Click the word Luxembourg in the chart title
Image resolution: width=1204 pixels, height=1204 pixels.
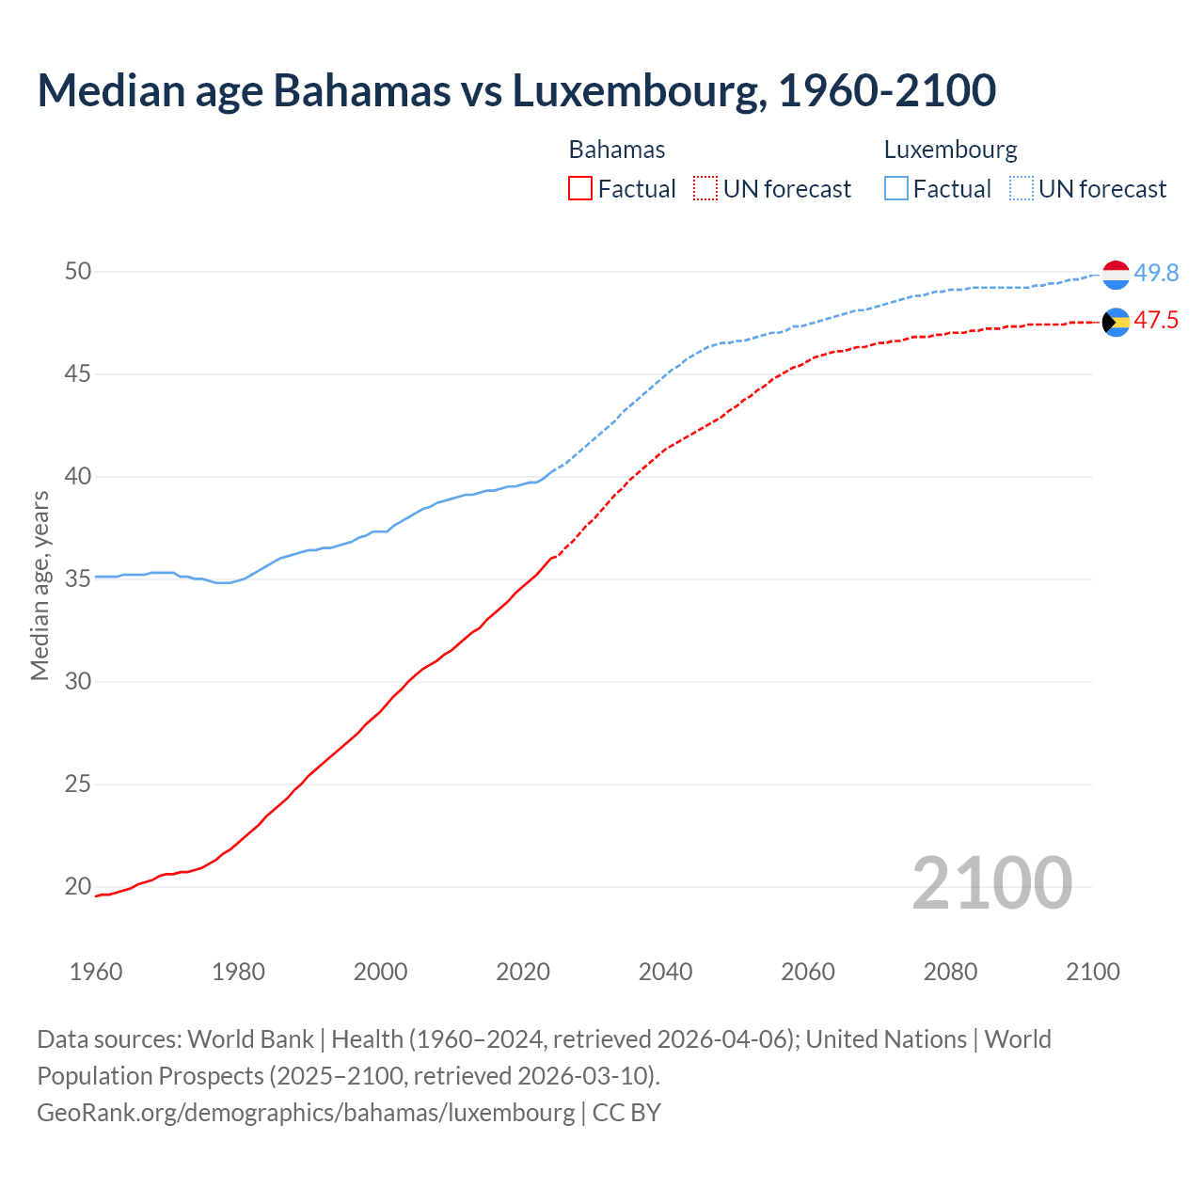pos(635,91)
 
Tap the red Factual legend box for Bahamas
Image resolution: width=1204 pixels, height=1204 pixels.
pos(580,188)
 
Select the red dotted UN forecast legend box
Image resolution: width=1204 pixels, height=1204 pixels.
pos(705,188)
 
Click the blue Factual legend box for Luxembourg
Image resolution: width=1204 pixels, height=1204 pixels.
pos(895,188)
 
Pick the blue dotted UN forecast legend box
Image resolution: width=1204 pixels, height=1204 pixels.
pos(1021,188)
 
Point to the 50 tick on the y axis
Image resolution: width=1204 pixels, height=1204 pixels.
pos(78,272)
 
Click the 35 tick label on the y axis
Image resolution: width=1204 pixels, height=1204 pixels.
pos(78,579)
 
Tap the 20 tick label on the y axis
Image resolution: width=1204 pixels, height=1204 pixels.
pos(78,887)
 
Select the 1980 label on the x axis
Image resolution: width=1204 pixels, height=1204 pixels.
pos(238,972)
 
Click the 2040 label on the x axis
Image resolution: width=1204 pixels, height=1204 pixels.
pos(665,972)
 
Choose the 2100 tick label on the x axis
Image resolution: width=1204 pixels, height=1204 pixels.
pos(1092,972)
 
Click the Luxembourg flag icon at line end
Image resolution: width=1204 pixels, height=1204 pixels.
pos(1116,275)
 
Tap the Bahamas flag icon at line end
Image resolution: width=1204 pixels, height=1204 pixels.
pos(1116,323)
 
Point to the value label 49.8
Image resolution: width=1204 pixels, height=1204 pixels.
pos(1156,274)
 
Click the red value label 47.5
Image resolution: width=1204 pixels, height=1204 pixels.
pos(1156,321)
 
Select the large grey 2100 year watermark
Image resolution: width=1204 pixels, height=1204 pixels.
pos(991,883)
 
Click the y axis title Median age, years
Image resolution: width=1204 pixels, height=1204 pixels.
pos(40,585)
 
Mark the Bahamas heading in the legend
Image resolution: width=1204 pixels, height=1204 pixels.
pos(617,150)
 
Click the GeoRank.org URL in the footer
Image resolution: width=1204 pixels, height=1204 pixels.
pos(306,1112)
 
